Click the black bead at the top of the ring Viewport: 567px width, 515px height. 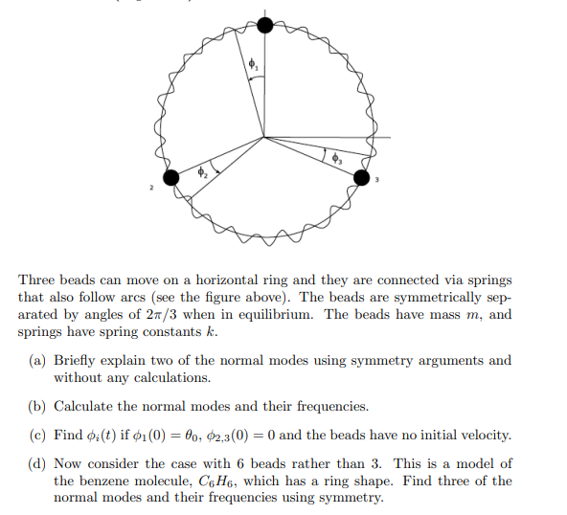point(265,24)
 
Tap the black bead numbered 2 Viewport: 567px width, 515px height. point(172,178)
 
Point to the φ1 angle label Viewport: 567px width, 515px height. point(253,66)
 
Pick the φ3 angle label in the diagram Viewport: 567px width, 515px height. point(336,161)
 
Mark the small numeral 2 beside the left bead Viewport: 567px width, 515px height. point(150,190)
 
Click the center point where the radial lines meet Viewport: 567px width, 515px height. point(265,137)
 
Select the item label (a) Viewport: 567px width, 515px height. point(35,361)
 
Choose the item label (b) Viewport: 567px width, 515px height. point(35,406)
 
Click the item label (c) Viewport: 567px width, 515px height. point(35,435)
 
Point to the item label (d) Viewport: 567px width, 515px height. point(35,463)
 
